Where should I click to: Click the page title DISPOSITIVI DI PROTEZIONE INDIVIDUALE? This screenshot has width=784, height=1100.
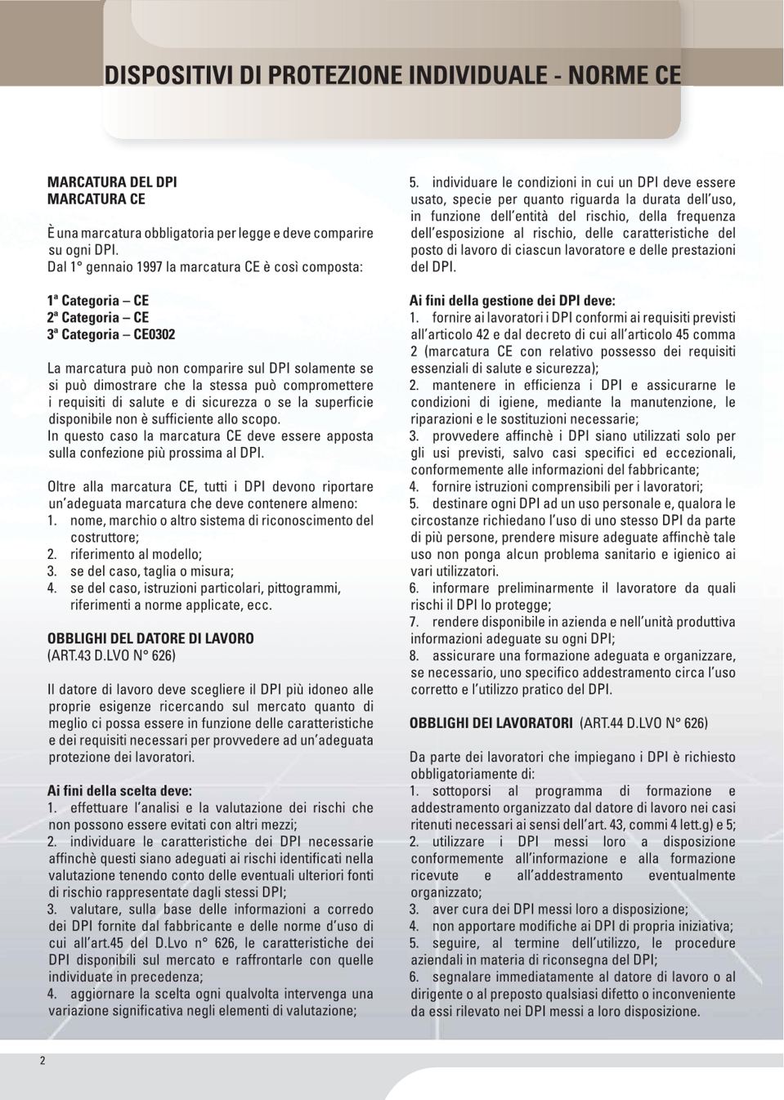[326, 75]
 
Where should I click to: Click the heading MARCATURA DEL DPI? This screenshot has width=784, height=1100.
[112, 182]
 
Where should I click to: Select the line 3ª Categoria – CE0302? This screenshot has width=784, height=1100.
[111, 334]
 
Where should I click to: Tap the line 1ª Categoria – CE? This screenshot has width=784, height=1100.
[98, 301]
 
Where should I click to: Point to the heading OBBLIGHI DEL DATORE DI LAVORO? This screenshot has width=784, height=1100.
[150, 638]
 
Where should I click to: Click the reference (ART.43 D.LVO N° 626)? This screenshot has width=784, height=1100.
[112, 655]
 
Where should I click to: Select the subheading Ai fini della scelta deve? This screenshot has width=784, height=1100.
[119, 790]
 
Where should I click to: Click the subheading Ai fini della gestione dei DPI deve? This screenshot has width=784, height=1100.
[512, 301]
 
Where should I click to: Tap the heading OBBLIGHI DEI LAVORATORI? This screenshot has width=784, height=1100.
[491, 723]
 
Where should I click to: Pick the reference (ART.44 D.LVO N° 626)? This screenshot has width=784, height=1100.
[643, 723]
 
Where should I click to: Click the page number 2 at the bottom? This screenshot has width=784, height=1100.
[43, 1061]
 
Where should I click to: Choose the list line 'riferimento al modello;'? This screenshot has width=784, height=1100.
[136, 554]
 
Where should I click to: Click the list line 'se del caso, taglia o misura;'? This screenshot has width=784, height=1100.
[152, 571]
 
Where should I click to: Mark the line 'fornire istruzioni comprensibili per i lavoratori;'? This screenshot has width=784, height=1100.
[567, 486]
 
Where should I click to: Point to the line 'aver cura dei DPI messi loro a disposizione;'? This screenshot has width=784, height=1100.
[560, 909]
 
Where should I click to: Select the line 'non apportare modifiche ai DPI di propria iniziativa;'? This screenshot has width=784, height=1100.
[582, 926]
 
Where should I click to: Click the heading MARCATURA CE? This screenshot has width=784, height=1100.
[96, 199]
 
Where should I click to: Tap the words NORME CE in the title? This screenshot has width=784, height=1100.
[625, 75]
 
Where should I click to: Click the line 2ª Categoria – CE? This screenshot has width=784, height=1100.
[98, 318]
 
